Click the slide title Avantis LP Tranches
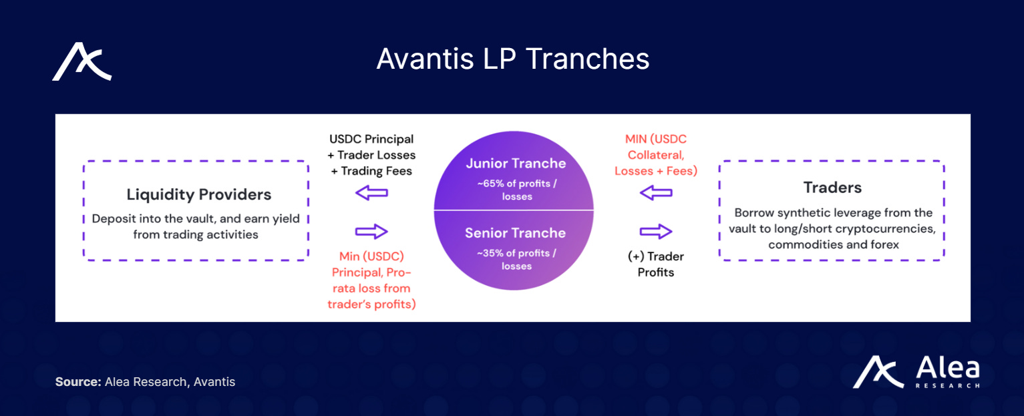pos(512,59)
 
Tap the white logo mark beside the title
pos(82,61)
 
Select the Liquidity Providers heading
pos(199,195)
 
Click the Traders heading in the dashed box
pos(832,188)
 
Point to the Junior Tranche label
pos(515,164)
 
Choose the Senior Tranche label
pos(515,233)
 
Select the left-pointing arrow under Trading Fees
pos(371,194)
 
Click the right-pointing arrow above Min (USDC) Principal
pos(371,232)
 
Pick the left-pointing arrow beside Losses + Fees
pos(656,194)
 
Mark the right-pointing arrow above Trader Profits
pos(656,232)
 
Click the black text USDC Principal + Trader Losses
pos(372,147)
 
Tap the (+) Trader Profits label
pos(655,264)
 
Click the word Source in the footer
pos(77,382)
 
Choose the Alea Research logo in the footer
pos(916,373)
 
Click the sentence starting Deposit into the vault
pos(196,226)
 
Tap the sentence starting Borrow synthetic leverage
pos(833,228)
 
